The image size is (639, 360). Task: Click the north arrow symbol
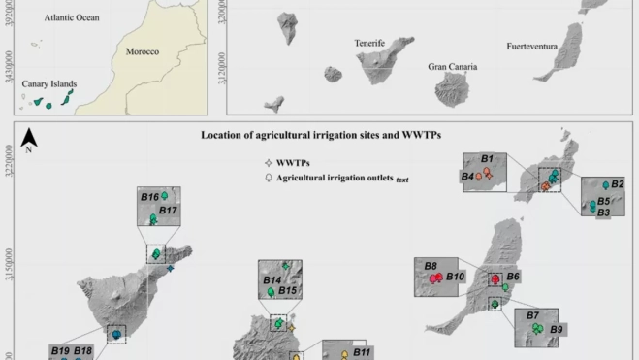(x=29, y=139)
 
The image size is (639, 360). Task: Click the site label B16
(x=149, y=197)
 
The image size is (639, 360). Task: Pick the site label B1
(x=488, y=158)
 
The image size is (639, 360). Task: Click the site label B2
(x=617, y=184)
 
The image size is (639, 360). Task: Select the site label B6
(x=513, y=277)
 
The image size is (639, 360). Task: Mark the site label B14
(x=272, y=279)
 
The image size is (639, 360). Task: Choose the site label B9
(x=556, y=330)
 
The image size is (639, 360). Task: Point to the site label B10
(x=457, y=278)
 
